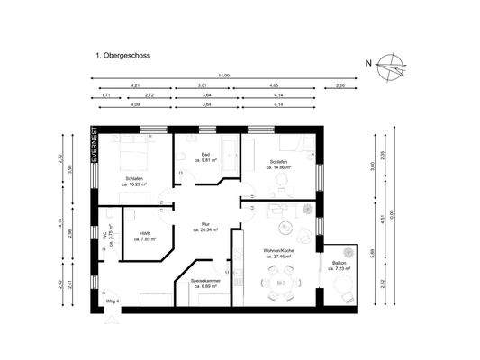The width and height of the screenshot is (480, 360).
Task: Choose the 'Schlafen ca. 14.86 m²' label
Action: [276, 166]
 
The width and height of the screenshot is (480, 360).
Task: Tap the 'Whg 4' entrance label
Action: [112, 301]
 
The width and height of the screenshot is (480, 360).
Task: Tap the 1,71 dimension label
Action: [105, 94]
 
